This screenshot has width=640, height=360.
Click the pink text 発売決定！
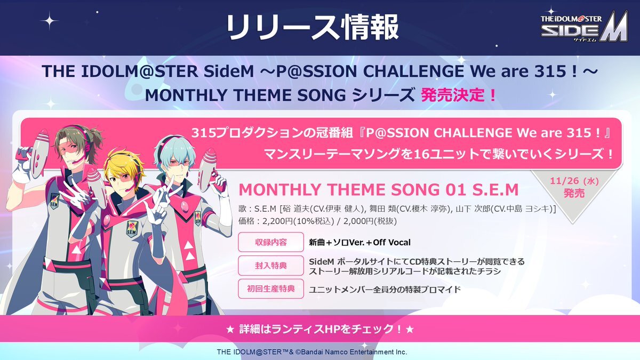click(459, 95)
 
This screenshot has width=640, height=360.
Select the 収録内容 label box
click(270, 242)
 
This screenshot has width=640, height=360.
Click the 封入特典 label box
click(270, 266)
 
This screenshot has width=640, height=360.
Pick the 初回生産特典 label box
click(270, 289)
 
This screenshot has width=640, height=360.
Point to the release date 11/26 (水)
click(574, 181)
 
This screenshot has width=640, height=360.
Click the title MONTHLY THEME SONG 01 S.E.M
click(379, 189)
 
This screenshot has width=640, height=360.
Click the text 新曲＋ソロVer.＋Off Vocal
click(359, 243)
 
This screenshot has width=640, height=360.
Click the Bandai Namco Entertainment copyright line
click(311, 351)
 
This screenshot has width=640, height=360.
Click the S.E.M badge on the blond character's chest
click(132, 229)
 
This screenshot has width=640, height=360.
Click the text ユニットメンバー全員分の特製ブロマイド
click(385, 290)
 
